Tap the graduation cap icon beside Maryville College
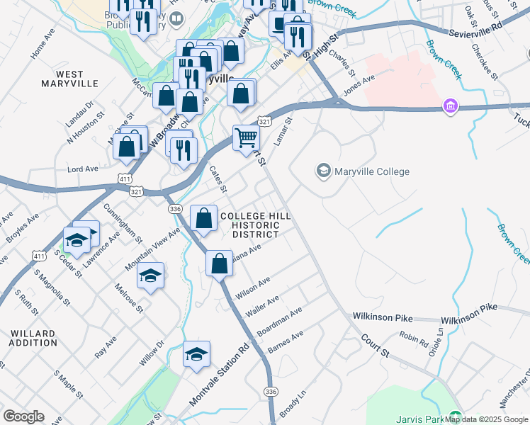(x=324, y=171)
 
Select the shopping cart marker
(x=246, y=137)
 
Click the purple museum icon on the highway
(x=449, y=107)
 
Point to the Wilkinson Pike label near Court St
(x=380, y=317)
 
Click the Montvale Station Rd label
(x=220, y=376)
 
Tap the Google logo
(x=23, y=416)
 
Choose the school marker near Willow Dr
(x=196, y=354)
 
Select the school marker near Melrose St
(x=150, y=276)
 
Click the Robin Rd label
(x=413, y=339)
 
